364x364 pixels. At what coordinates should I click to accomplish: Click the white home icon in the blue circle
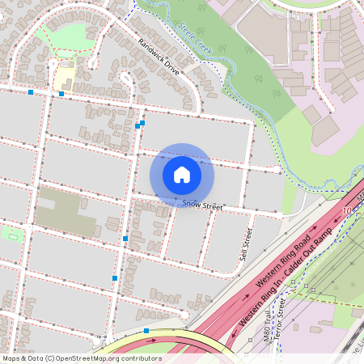[182, 174]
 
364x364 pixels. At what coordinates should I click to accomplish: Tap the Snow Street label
[201, 207]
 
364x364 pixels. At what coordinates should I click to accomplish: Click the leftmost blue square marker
[31, 92]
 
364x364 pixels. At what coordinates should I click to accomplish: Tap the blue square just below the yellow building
[61, 93]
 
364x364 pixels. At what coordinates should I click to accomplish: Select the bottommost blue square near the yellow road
[146, 330]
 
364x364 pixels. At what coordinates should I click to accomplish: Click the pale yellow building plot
[64, 78]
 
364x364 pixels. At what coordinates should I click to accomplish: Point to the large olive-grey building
[64, 206]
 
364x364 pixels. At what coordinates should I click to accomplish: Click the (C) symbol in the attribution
[50, 358]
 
